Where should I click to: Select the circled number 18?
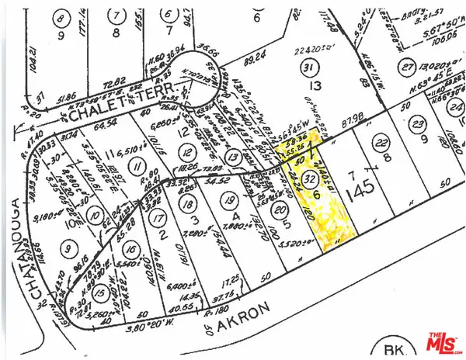click(x=186, y=205)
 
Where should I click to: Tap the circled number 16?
click(x=132, y=250)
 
